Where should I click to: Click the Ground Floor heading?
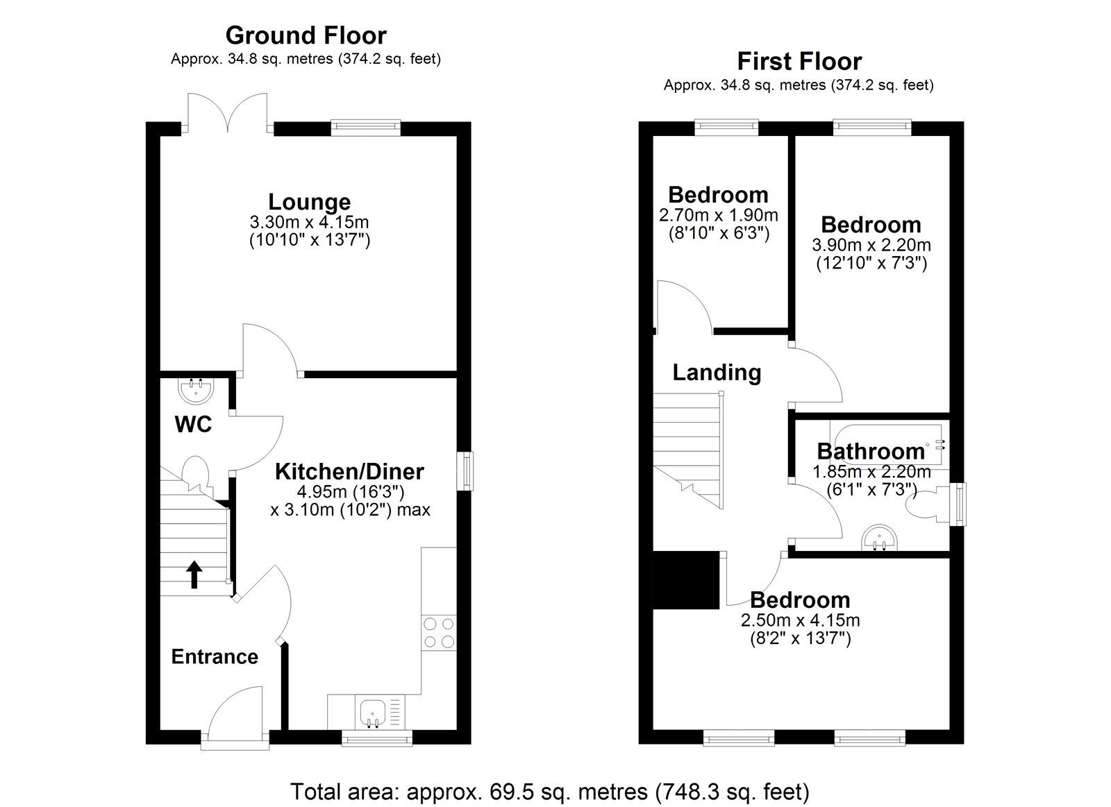pos(306,35)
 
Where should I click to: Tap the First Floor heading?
pos(799,61)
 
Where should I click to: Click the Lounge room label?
pos(309,202)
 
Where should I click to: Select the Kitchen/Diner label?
pos(349,472)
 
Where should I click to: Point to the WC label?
pos(193,424)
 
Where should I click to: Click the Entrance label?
pos(215,656)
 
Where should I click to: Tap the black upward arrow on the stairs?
pos(194,575)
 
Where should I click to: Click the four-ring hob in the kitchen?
pos(439,632)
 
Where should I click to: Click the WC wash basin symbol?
pos(196,389)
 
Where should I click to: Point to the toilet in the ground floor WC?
pos(197,475)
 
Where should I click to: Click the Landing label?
pos(717,373)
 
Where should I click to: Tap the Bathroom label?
pos(871,451)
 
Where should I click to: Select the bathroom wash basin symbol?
pos(880,538)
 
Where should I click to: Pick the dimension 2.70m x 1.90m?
pos(718,215)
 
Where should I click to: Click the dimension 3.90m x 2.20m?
pos(871,245)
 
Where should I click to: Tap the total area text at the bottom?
pos(549,791)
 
